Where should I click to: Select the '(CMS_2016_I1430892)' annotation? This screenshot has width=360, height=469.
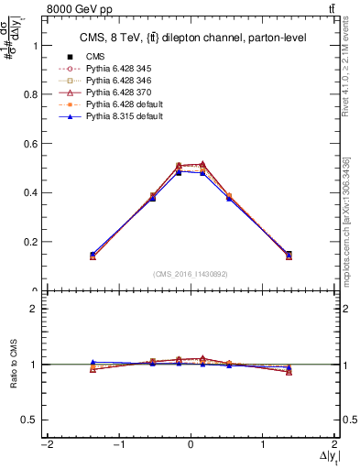click(x=191, y=274)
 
